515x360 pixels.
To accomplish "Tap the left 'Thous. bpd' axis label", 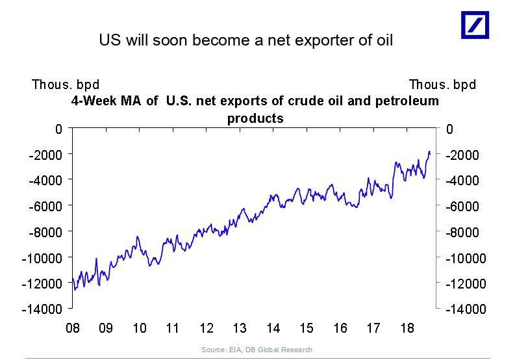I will point(66,84).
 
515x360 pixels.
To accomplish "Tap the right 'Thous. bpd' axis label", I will point(442,84).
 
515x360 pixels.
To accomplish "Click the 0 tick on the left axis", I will point(58,129).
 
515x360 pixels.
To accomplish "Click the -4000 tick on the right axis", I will point(463,180).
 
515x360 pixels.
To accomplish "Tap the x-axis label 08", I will point(73,328).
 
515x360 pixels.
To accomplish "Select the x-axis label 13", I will point(240,328).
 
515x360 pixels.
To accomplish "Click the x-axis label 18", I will point(407,328).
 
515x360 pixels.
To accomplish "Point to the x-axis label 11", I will point(173,328).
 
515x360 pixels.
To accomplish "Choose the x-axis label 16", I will point(340,328).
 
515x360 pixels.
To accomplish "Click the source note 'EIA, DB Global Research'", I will point(257,350).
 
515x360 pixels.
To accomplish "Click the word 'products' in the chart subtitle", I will point(255,118).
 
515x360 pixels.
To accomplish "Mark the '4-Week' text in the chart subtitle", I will point(91,101).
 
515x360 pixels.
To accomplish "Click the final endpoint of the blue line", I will point(430,154).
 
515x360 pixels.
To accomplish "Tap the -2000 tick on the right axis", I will point(463,155).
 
